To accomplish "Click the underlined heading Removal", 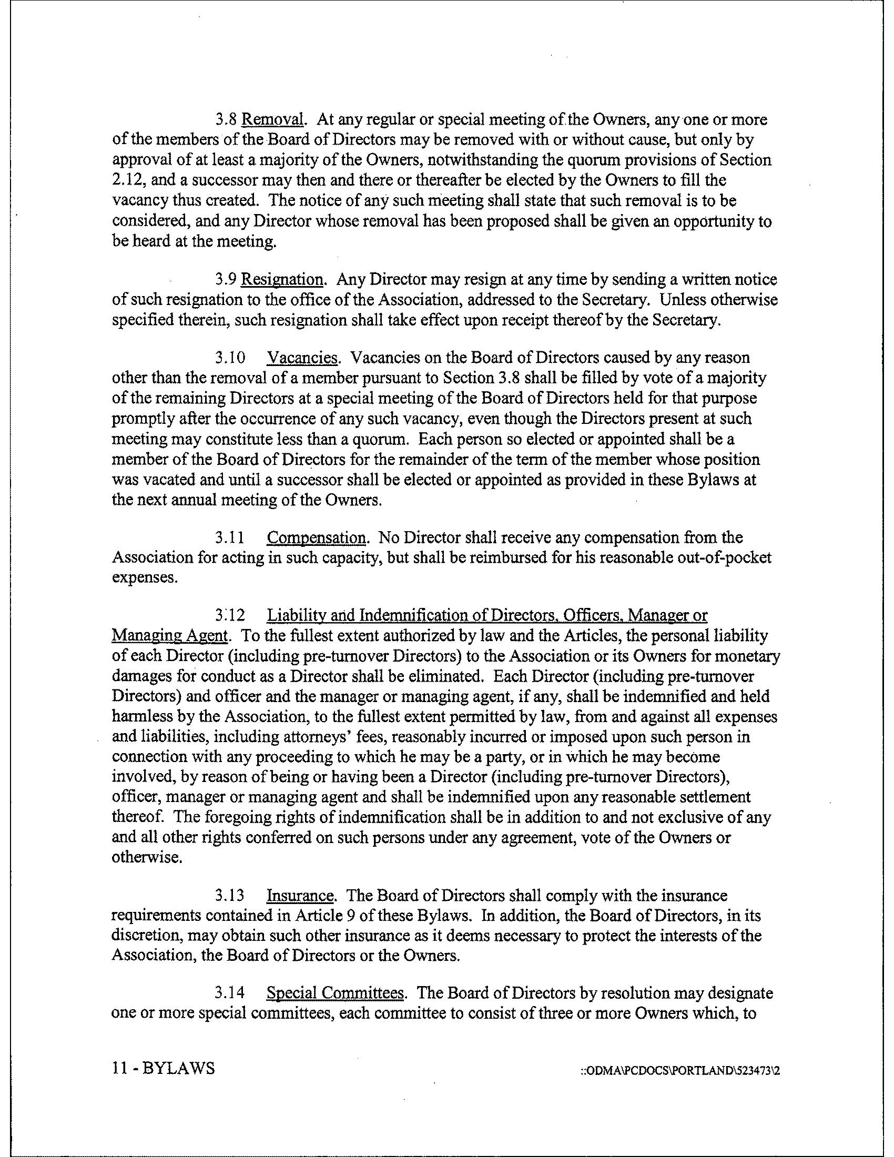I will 273,120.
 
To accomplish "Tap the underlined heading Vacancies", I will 302,358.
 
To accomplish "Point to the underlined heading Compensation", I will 316,537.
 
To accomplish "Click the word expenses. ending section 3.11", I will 144,578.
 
